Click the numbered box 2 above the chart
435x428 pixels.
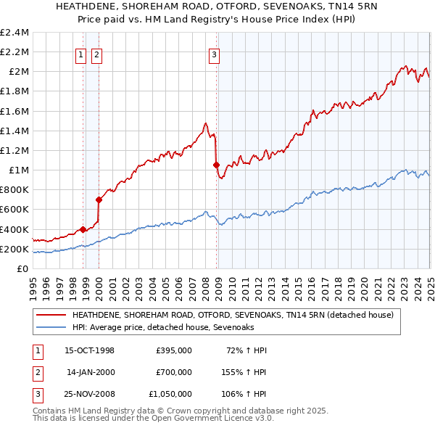(x=96, y=52)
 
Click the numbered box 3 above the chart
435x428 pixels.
(x=215, y=52)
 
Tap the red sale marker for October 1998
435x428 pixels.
(x=83, y=229)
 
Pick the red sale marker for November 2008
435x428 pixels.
(x=216, y=165)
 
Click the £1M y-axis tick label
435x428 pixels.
(x=18, y=170)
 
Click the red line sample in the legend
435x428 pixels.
(x=50, y=316)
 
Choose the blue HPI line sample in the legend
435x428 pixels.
(x=50, y=328)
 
